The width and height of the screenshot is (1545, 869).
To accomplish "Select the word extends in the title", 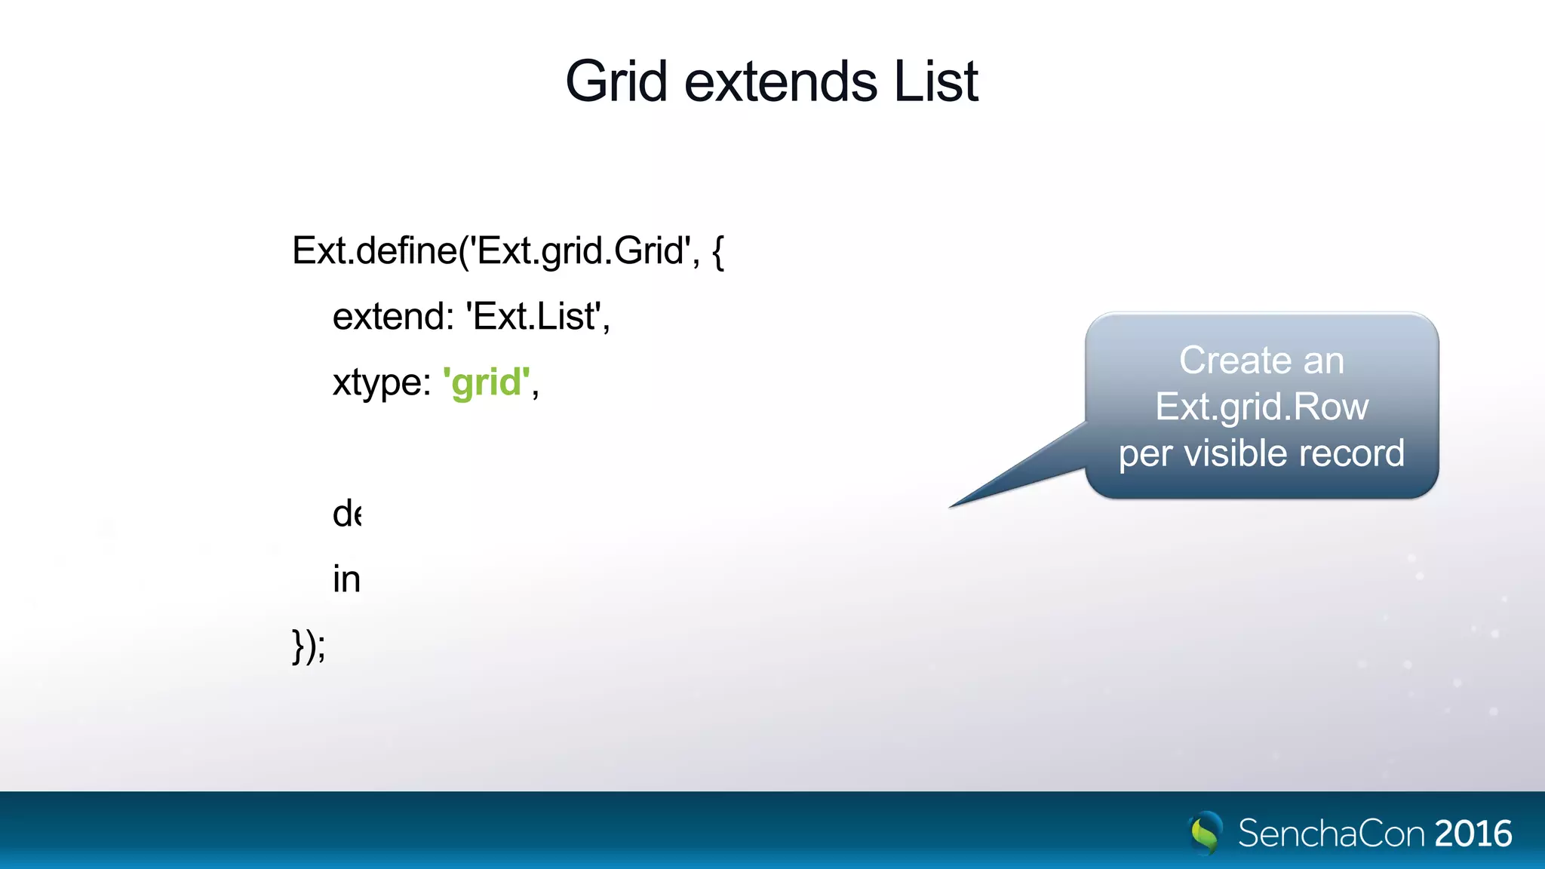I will [780, 81].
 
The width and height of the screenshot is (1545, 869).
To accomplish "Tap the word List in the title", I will [935, 81].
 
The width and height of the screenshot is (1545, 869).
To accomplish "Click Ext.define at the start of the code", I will [373, 250].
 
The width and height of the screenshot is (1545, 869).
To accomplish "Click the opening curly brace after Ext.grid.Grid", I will [717, 252].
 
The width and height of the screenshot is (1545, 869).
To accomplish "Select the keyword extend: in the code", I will [392, 316].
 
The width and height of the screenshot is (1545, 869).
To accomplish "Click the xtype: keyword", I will [382, 382].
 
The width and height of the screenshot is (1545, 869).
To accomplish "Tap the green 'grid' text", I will [487, 382].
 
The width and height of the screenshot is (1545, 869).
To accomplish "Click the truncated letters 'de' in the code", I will [346, 514].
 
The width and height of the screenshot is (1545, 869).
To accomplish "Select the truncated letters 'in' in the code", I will [346, 579].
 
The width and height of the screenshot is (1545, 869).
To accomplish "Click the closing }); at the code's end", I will [309, 646].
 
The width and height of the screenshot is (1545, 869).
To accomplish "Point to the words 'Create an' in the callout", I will [1261, 361].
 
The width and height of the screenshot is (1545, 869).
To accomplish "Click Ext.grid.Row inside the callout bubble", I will [1261, 407].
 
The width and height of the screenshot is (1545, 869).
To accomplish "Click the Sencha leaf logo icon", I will [1205, 833].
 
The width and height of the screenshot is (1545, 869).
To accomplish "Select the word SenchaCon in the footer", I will [1332, 834].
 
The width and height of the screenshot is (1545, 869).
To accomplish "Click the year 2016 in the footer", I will [1473, 834].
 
